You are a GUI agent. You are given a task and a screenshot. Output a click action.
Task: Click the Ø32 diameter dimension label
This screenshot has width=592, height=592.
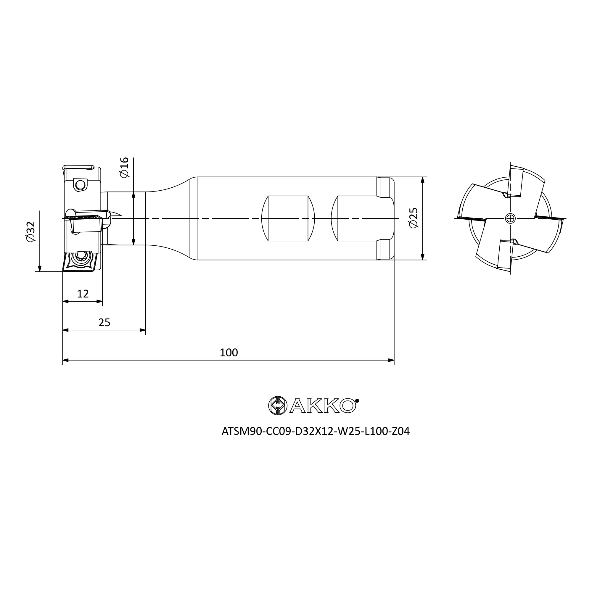click(x=31, y=232)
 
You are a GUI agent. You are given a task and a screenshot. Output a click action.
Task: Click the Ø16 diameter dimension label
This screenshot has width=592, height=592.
click(x=124, y=167)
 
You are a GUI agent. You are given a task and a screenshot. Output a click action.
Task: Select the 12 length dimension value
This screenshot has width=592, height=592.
click(x=83, y=294)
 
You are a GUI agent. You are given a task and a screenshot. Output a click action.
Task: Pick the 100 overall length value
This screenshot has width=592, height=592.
click(x=229, y=353)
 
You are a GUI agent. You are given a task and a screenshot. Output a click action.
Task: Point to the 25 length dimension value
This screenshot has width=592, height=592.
click(x=104, y=323)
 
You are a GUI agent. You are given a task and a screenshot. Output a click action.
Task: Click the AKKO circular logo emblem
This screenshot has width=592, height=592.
click(x=278, y=406)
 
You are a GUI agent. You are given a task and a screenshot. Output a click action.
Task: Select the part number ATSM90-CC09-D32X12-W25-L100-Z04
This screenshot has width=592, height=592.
click(x=316, y=431)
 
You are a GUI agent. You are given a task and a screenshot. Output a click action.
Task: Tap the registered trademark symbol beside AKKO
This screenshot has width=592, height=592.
click(x=357, y=400)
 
